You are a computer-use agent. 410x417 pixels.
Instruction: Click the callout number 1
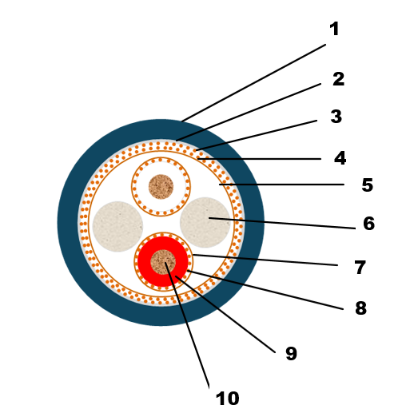click(334, 29)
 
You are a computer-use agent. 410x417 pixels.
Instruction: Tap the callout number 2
click(338, 79)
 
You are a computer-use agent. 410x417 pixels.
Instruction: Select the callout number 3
click(336, 117)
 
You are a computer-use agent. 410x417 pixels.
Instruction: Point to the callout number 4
click(340, 158)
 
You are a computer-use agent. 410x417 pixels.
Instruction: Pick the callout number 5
click(368, 185)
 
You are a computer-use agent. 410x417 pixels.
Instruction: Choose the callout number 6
click(369, 223)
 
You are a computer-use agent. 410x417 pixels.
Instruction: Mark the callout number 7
click(360, 267)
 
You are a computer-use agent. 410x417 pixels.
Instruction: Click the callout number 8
click(361, 308)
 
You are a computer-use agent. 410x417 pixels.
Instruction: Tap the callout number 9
click(291, 354)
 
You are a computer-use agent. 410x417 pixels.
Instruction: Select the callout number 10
click(227, 399)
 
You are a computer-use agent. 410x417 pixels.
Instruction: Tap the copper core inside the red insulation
click(163, 262)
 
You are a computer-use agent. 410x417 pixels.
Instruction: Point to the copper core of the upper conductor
click(161, 187)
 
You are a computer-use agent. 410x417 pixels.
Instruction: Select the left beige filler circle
click(117, 226)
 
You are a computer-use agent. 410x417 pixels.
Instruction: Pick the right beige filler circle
click(205, 222)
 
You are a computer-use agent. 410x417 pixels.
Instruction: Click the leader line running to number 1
click(253, 83)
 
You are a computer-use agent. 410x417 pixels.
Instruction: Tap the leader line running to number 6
click(282, 223)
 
